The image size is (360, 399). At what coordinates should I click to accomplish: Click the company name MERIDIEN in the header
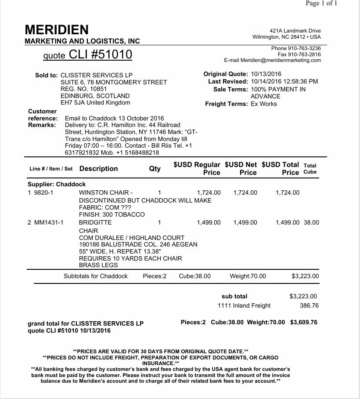tap(57, 30)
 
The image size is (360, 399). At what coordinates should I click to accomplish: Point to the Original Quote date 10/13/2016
tap(266, 74)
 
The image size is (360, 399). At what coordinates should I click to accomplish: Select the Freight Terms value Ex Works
tap(263, 104)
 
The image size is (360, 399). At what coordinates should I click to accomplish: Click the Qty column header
tap(155, 168)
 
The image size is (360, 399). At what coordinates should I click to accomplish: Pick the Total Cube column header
tap(310, 169)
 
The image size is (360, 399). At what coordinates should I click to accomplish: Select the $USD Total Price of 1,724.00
tap(288, 192)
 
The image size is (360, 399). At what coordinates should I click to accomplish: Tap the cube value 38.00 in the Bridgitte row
tap(311, 222)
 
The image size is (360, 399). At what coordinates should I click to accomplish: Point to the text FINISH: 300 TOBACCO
tap(112, 214)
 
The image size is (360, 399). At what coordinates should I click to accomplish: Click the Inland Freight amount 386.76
tap(309, 305)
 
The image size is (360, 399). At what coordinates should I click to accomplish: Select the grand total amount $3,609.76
tap(303, 322)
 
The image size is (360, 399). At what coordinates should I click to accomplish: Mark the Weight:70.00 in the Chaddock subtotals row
tap(248, 276)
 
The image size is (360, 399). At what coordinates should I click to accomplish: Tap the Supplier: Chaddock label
tap(57, 184)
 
